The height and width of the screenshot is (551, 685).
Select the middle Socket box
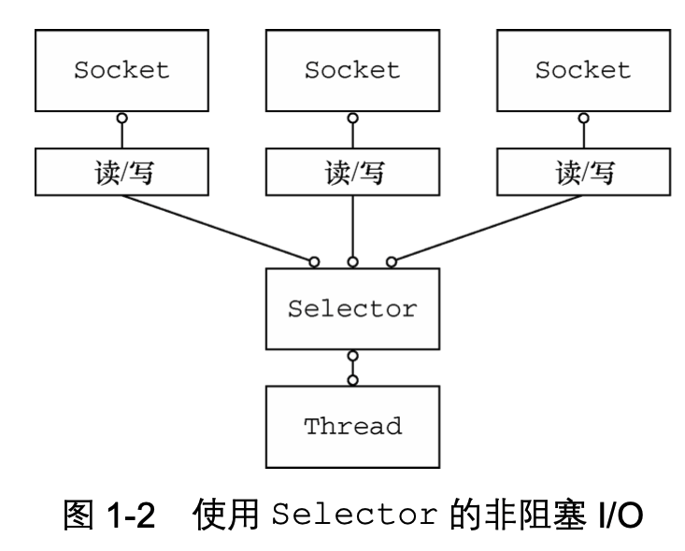[x=352, y=70]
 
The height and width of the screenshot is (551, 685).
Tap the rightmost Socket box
[x=583, y=70]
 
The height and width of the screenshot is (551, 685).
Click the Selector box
[x=352, y=309]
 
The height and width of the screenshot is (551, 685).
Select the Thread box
[x=352, y=427]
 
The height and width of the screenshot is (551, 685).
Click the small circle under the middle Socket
[x=352, y=119]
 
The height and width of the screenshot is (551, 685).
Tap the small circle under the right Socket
[x=583, y=119]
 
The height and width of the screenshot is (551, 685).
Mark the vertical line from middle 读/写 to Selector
[x=352, y=224]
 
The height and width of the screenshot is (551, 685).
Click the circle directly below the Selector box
[x=352, y=356]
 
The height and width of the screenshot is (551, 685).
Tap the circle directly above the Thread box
[x=352, y=379]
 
